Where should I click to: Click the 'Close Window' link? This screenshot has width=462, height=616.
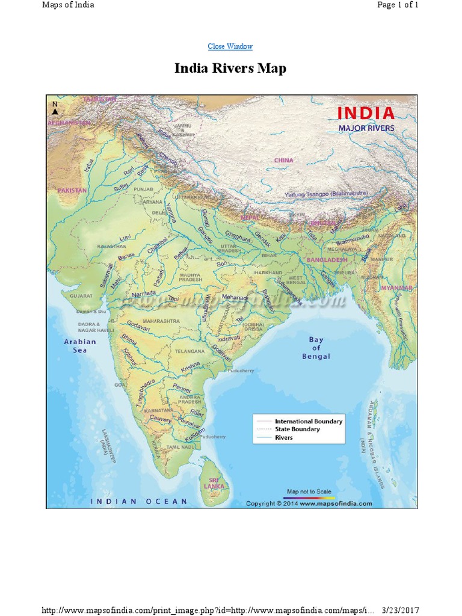click(x=230, y=46)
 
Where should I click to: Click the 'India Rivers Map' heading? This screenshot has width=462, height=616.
click(x=230, y=69)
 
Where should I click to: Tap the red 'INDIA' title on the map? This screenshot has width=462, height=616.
click(x=365, y=113)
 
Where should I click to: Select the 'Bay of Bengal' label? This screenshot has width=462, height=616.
click(x=316, y=348)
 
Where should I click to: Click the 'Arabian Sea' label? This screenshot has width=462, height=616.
click(x=80, y=345)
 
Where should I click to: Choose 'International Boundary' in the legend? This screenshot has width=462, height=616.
click(x=308, y=421)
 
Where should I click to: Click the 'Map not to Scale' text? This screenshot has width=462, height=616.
click(x=309, y=491)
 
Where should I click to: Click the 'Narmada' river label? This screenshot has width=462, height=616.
click(x=143, y=294)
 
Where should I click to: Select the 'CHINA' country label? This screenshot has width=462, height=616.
click(x=283, y=161)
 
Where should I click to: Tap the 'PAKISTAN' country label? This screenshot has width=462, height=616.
click(x=72, y=190)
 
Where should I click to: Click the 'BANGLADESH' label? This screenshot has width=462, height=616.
click(x=327, y=259)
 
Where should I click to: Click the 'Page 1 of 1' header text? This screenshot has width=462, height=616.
click(x=397, y=5)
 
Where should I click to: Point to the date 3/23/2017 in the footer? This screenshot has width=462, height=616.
click(x=401, y=611)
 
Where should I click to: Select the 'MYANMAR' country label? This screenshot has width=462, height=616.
click(x=396, y=288)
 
